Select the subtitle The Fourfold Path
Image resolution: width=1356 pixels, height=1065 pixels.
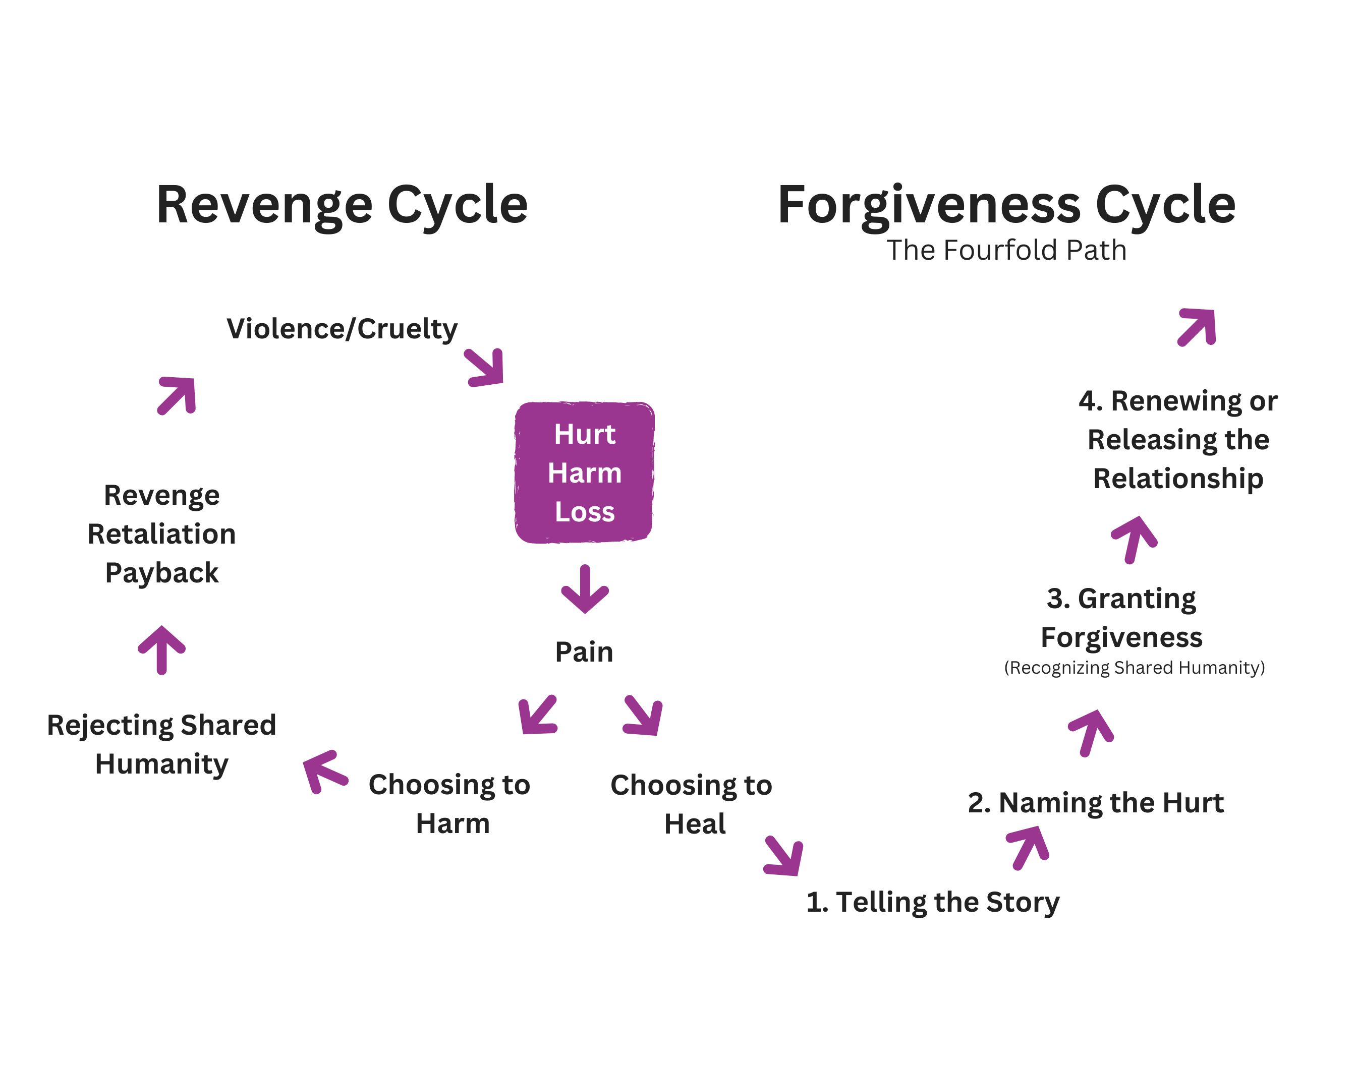click(1005, 250)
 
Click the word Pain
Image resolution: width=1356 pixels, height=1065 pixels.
click(584, 652)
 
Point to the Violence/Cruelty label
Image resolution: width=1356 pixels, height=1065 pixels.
click(342, 329)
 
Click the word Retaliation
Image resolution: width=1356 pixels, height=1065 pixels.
click(161, 534)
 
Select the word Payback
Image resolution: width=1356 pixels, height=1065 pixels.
click(161, 572)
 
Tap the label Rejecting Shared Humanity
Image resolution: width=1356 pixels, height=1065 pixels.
click(161, 744)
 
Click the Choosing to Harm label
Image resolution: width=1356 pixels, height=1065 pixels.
click(449, 804)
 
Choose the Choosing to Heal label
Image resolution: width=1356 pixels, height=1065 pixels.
click(691, 804)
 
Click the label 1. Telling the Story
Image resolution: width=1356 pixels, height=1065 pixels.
click(932, 902)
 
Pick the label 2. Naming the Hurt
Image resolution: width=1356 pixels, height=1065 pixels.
click(1095, 802)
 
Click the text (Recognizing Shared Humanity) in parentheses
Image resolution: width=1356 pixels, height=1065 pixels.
click(1134, 668)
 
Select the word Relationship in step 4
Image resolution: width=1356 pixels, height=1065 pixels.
click(1177, 478)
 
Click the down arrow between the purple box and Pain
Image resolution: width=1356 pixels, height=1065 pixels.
click(585, 589)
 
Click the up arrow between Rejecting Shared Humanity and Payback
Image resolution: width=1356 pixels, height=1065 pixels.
click(161, 649)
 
